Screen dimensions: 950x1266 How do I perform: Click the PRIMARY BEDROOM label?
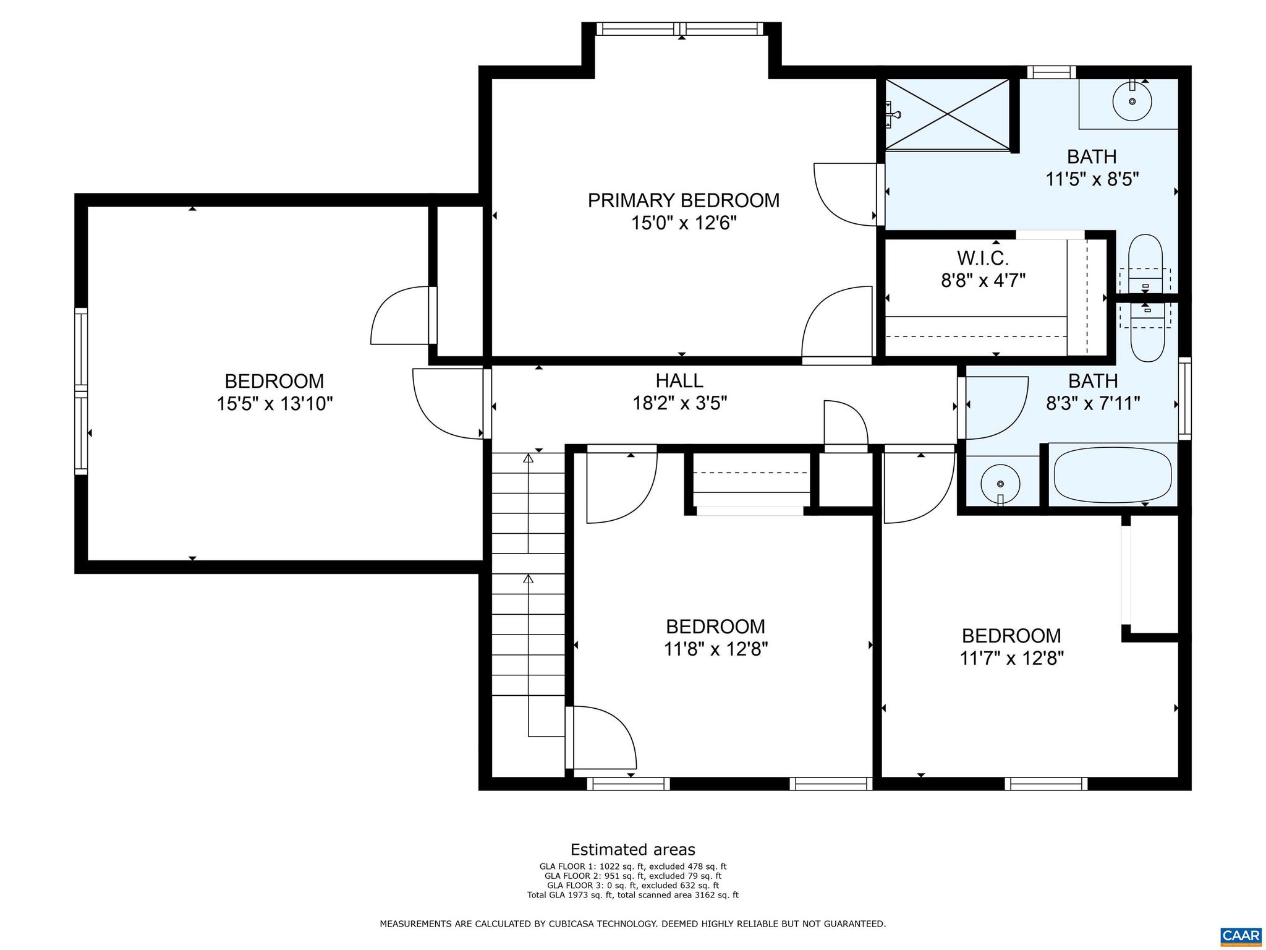tap(683, 200)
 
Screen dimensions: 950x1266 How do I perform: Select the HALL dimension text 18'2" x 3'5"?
tap(679, 403)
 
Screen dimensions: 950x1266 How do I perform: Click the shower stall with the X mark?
tap(947, 114)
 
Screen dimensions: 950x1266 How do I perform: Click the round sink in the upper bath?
tap(1132, 101)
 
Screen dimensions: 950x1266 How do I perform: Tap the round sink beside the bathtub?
tap(1000, 484)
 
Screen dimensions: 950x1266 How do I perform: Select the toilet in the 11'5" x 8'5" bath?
tap(1145, 263)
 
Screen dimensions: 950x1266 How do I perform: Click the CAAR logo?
tap(1241, 935)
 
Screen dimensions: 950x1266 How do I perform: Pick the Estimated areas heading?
tap(632, 849)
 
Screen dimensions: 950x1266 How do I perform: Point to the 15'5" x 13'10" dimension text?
tap(274, 404)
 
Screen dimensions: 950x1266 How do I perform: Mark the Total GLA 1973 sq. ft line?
tap(632, 895)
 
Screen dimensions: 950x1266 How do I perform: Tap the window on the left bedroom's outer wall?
tap(81, 392)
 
